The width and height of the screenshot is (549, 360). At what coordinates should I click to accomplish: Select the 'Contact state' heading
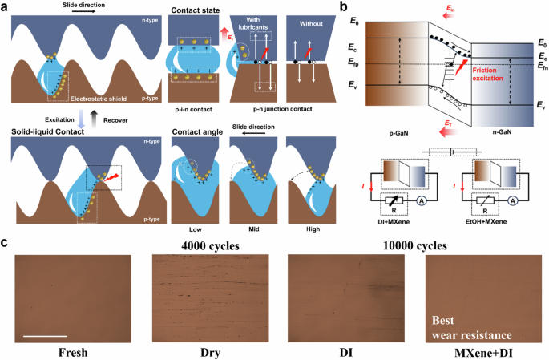(199, 9)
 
